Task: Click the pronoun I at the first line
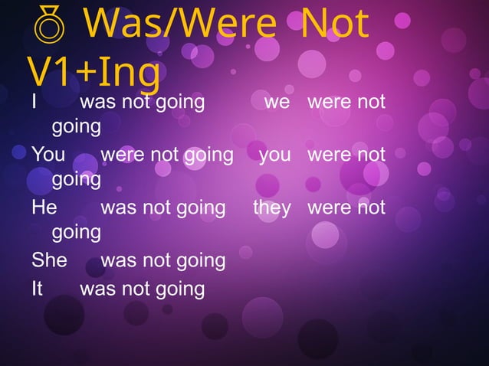[x=35, y=102]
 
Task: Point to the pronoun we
[x=277, y=102]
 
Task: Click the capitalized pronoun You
[x=49, y=155]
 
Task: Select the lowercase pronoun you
[x=275, y=155]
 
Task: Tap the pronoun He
[x=44, y=208]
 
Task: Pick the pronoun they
[x=272, y=208]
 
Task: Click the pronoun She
[x=49, y=260]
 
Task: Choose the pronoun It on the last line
[x=38, y=289]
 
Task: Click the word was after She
[x=117, y=260]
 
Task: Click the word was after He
[x=117, y=208]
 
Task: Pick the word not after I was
[x=138, y=102]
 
